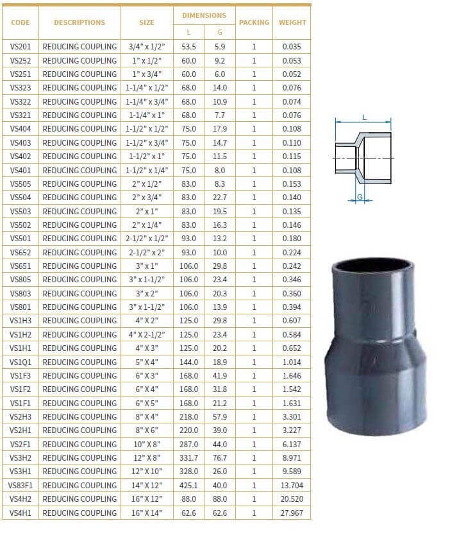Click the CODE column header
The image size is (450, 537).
[x=20, y=22]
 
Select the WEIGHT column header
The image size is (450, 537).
[x=292, y=22]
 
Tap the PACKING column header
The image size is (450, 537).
[x=254, y=22]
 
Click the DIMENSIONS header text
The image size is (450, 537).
[x=204, y=15]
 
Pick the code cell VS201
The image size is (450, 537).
[x=20, y=47]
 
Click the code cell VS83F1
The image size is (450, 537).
[x=20, y=485]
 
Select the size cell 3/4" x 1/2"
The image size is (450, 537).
[x=147, y=47]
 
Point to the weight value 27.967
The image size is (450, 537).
[x=292, y=513]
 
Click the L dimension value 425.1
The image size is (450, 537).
[x=188, y=485]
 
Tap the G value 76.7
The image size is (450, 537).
[x=220, y=458]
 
